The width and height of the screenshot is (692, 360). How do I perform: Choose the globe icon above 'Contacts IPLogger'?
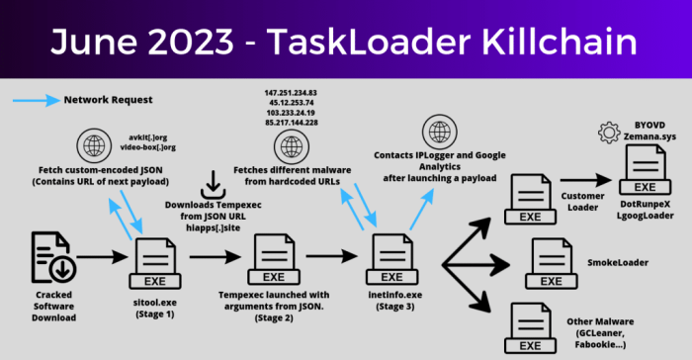(437, 131)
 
